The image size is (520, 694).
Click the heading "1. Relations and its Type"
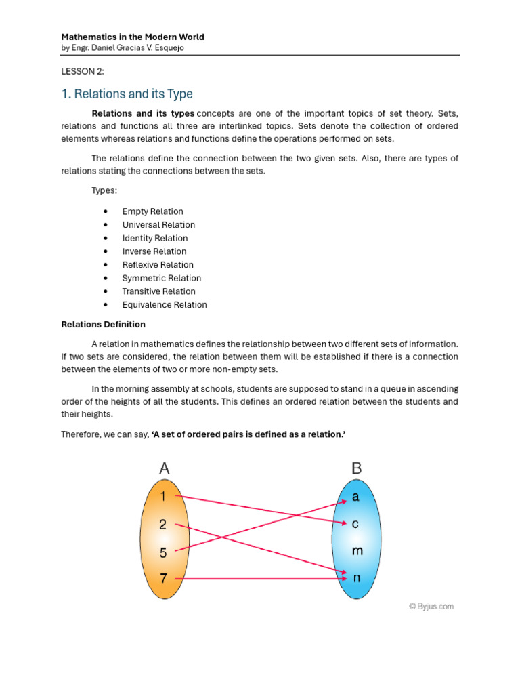click(127, 94)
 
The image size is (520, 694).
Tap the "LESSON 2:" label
click(83, 72)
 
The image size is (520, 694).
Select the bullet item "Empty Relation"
click(152, 211)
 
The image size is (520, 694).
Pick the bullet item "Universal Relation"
click(158, 225)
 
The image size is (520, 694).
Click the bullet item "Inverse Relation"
click(154, 251)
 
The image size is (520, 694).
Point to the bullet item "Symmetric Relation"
click(161, 278)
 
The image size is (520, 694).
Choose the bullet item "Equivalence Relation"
click(165, 305)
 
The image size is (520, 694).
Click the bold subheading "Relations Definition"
click(104, 325)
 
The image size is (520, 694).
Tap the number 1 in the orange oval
click(162, 496)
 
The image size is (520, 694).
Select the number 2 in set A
click(162, 524)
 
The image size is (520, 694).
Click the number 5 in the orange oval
click(163, 552)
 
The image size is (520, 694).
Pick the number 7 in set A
click(163, 579)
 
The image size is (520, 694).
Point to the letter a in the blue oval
click(355, 497)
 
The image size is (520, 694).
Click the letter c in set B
click(355, 524)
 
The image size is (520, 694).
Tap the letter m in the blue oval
click(357, 551)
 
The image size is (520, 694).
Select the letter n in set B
click(356, 579)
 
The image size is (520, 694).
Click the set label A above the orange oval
click(164, 468)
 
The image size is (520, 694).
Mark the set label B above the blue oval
click(357, 468)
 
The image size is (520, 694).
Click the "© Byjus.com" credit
click(431, 607)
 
